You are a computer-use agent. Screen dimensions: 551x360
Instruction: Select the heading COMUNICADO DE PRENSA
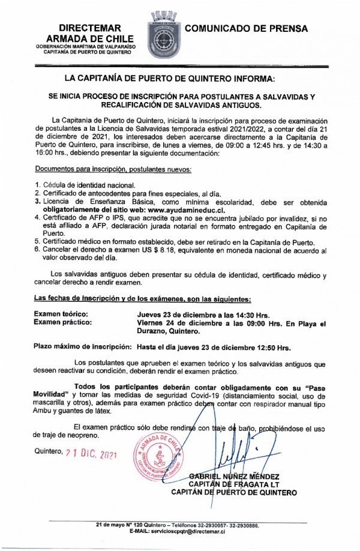pyautogui.click(x=247, y=28)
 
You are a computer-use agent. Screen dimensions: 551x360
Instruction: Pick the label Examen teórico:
pyautogui.click(x=61, y=315)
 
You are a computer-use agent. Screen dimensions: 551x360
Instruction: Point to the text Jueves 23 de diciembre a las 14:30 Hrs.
pyautogui.click(x=204, y=315)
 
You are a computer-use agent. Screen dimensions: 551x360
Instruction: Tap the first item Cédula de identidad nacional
pyautogui.click(x=89, y=185)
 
